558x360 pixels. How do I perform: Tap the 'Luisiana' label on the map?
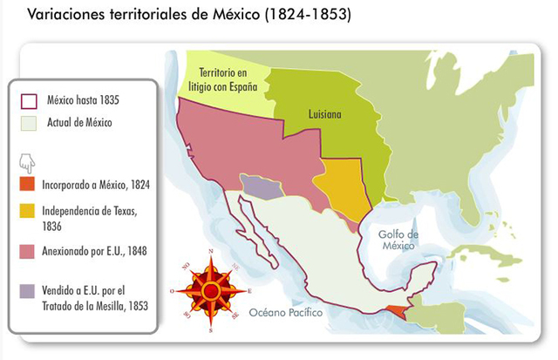pos(323,114)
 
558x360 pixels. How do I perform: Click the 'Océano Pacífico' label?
pos(285,312)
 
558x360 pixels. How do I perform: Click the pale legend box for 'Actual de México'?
pos(28,123)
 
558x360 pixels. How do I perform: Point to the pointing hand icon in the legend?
pos(27,162)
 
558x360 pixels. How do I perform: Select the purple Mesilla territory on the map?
pos(257,186)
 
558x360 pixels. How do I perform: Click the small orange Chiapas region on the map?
pos(397,311)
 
